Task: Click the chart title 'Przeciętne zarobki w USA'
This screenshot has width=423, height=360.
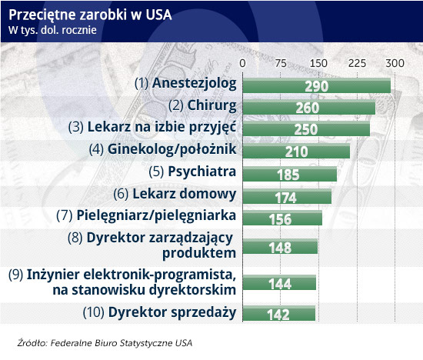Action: [90, 15]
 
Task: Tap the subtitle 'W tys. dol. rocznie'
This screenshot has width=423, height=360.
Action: [52, 30]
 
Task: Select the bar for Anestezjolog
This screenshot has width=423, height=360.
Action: [316, 85]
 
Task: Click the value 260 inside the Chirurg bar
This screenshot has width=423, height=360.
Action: [308, 108]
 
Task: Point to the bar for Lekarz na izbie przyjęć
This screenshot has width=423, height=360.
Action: [306, 128]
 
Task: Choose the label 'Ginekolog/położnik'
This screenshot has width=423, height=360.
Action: [172, 149]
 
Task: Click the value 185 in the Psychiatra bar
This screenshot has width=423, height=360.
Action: [288, 175]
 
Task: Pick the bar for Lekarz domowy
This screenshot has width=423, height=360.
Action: [287, 196]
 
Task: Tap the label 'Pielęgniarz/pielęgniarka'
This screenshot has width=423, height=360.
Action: [156, 215]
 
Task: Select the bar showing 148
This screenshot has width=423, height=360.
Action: [280, 246]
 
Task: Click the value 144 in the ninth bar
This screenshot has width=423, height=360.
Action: [280, 284]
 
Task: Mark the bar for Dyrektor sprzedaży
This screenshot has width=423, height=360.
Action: [279, 313]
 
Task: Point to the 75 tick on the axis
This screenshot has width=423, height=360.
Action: [281, 63]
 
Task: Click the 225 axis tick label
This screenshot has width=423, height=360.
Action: [357, 63]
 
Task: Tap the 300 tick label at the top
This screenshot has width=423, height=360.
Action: [395, 63]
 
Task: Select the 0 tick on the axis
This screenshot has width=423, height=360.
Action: [242, 63]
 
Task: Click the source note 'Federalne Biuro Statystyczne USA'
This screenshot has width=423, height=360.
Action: [122, 343]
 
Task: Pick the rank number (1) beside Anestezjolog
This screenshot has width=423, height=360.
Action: [142, 83]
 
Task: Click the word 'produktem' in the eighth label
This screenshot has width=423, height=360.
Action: [199, 253]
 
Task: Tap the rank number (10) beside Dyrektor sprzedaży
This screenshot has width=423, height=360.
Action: [94, 312]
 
